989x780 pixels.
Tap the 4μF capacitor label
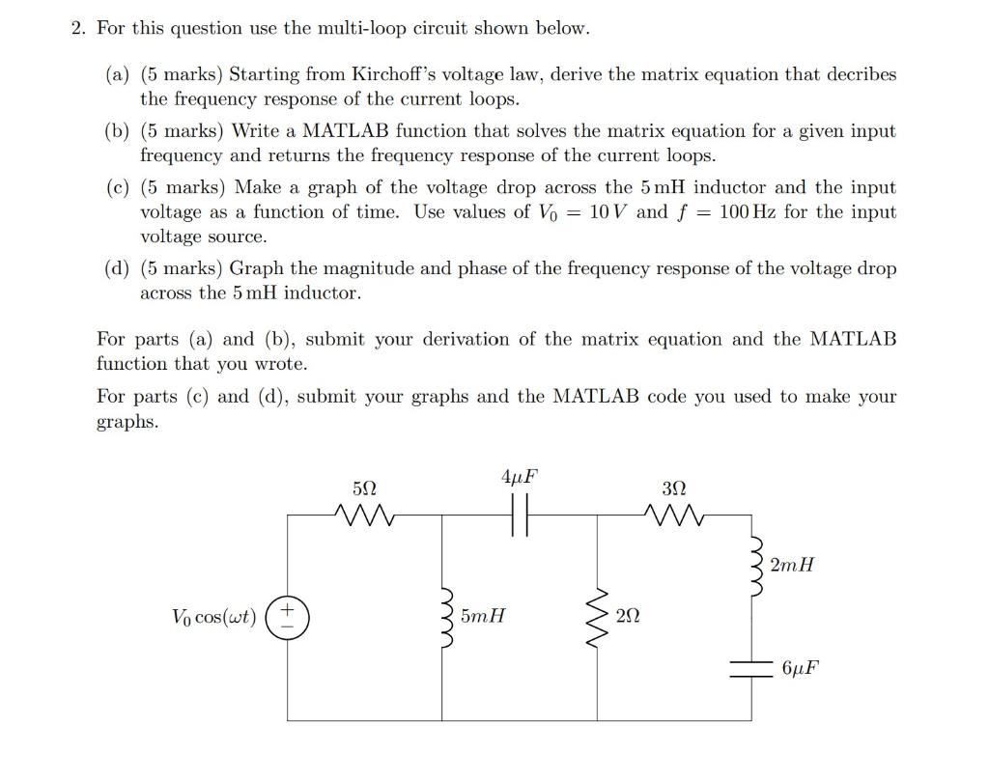coord(519,476)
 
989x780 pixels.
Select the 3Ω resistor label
coord(674,489)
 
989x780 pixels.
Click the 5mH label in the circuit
coord(483,615)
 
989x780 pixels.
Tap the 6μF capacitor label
coord(802,668)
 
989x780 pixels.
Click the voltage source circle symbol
coord(287,616)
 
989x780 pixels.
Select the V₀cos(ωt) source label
coord(213,617)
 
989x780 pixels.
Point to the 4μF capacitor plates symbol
coord(519,517)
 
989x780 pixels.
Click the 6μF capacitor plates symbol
coord(751,669)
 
